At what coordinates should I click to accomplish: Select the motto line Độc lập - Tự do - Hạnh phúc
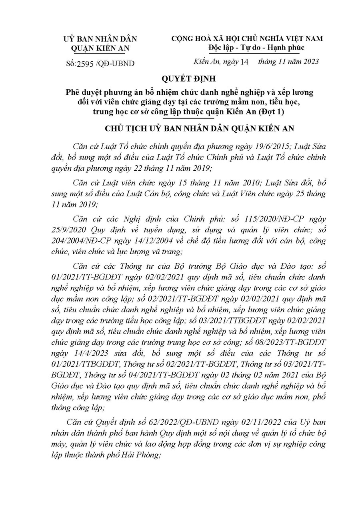click(256, 48)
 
